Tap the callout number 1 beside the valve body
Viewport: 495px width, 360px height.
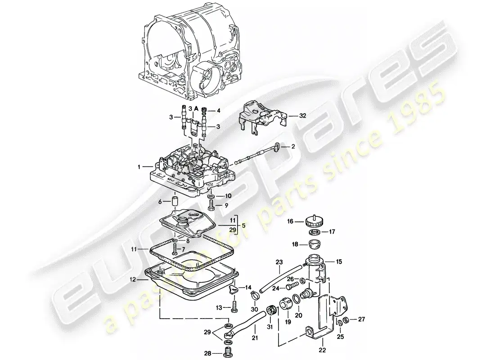pyautogui.click(x=140, y=166)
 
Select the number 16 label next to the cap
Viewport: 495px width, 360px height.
pyautogui.click(x=290, y=221)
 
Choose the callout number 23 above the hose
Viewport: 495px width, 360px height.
pyautogui.click(x=279, y=261)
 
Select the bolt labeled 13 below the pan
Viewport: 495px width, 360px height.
pyautogui.click(x=234, y=308)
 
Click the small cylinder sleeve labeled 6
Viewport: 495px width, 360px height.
pyautogui.click(x=173, y=200)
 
